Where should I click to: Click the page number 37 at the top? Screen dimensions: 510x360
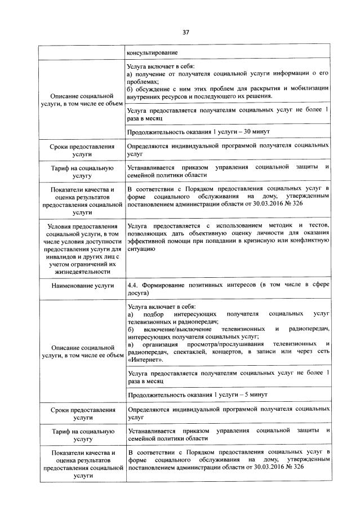coord(185,32)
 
